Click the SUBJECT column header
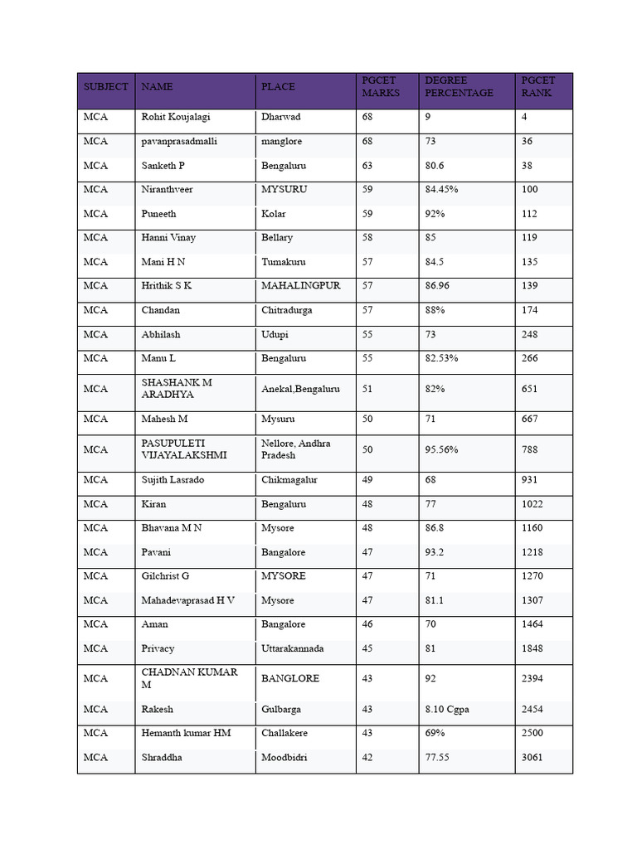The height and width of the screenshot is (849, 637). pos(105,86)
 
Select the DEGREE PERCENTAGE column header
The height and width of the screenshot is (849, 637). pos(459,86)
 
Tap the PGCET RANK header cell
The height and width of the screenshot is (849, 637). pos(538,86)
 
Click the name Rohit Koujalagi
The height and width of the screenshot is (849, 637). pos(176,117)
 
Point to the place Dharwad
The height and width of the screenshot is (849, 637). pos(280,117)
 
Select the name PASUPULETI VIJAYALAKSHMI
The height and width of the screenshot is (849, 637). pos(183,449)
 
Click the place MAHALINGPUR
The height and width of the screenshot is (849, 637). pos(301,285)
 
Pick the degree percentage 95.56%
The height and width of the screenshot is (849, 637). pos(441,449)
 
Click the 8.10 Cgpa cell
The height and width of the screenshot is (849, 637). pos(446,709)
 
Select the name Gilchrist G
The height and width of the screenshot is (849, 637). pos(165,575)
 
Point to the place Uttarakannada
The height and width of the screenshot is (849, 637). pos(292,648)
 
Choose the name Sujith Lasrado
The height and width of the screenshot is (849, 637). pos(173,479)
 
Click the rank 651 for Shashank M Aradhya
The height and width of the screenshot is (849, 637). pos(529,388)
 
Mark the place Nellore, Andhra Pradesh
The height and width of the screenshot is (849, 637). pos(296,449)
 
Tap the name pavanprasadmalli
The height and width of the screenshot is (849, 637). pos(179,141)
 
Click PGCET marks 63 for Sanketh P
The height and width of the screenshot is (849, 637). pos(367,165)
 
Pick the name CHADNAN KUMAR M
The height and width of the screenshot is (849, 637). pos(190,678)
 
